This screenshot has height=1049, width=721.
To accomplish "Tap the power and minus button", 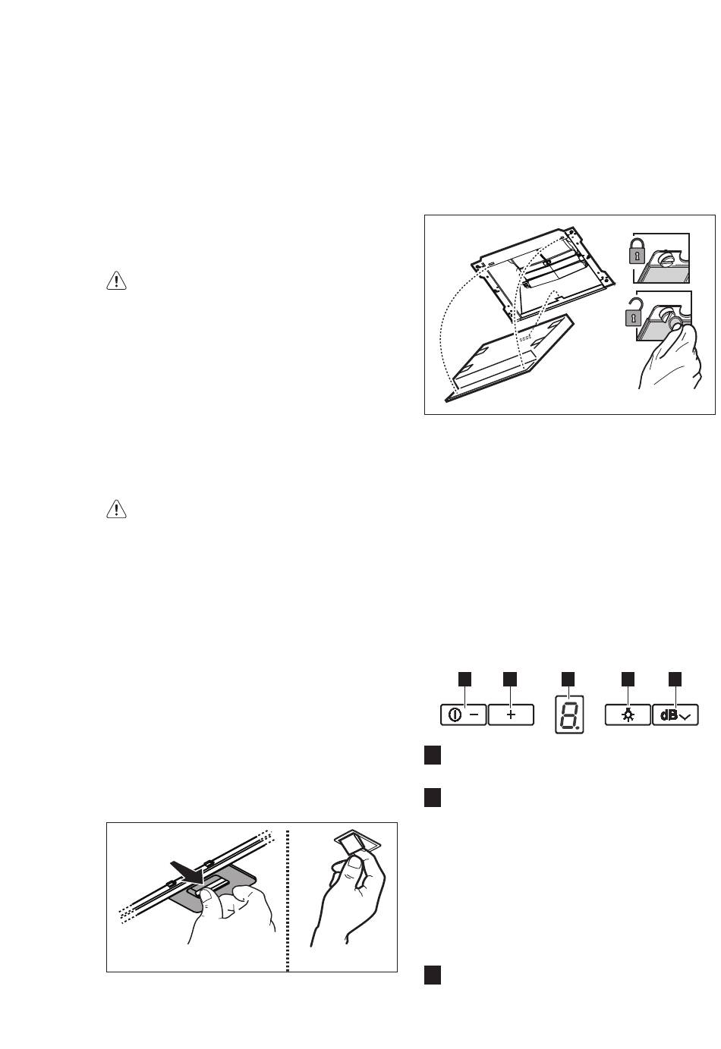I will click(463, 715).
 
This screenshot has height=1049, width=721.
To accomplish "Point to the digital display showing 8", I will click(569, 714).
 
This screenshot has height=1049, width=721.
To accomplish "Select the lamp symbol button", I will click(627, 715).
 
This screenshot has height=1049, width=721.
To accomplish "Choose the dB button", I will click(675, 715).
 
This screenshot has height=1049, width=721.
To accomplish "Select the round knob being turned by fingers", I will click(671, 321).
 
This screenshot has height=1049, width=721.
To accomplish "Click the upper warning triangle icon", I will click(115, 281).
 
